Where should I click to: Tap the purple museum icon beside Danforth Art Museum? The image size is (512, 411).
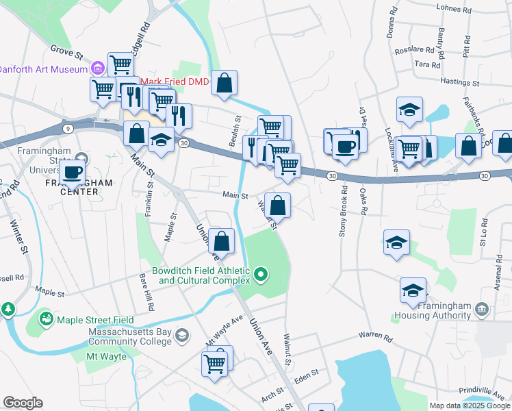pos(97,68)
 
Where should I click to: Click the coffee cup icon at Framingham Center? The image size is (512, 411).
pos(73,173)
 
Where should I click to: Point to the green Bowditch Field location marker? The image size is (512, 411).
pos(260,276)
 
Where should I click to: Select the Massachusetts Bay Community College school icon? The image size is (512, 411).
pos(181,334)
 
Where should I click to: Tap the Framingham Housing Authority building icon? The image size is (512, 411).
pos(483,310)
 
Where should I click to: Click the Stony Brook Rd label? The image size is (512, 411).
pos(343,212)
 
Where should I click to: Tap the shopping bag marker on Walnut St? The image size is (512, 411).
pos(277,206)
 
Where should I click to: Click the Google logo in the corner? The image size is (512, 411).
pos(23,403)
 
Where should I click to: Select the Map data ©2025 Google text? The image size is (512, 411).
pos(469,406)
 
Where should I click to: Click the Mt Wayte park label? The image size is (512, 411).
pos(101,357)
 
